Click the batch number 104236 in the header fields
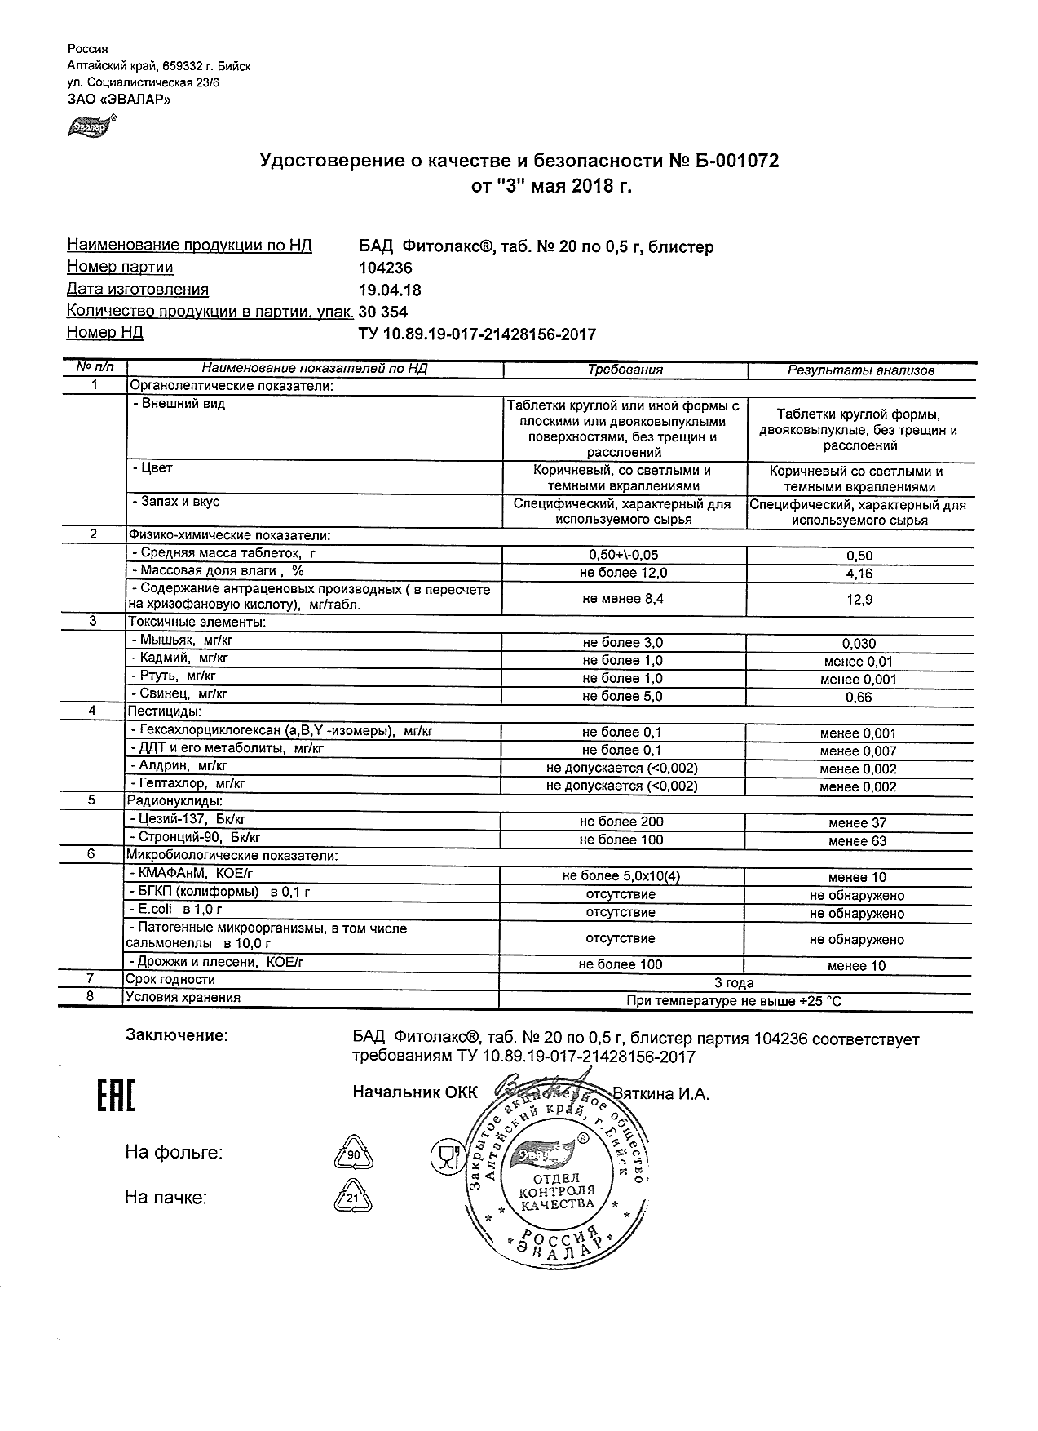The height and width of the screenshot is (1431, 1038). [386, 268]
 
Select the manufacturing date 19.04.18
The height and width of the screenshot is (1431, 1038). [390, 290]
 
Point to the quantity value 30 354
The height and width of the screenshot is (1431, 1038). [383, 312]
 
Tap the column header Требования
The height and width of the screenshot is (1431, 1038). [625, 370]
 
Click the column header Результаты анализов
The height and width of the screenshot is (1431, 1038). [860, 370]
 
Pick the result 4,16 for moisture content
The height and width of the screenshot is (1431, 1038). [859, 574]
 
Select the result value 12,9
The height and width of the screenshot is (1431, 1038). [859, 600]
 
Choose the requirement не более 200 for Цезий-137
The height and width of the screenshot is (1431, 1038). [621, 822]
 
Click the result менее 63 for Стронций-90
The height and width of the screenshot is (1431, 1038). [857, 841]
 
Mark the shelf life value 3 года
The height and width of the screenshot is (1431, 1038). [734, 983]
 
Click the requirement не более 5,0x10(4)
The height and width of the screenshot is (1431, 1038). [621, 876]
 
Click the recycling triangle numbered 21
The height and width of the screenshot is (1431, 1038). [353, 1198]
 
